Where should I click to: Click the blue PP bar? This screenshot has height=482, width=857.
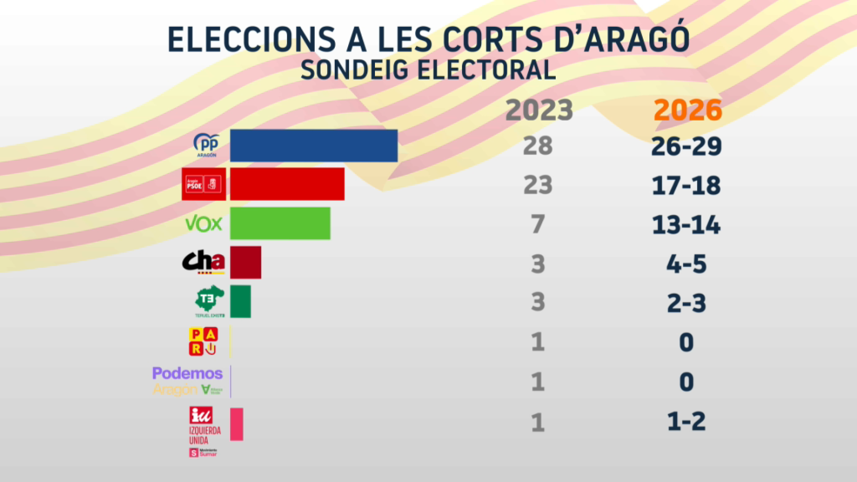click(313, 145)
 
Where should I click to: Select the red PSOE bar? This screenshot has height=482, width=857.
click(287, 184)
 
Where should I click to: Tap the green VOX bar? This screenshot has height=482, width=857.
click(280, 223)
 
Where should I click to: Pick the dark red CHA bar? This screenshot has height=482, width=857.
click(245, 262)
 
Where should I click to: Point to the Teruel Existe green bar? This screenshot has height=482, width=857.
click(240, 302)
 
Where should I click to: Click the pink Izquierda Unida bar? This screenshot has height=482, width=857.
click(237, 424)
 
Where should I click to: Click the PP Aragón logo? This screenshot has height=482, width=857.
click(206, 145)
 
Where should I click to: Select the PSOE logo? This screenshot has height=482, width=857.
click(204, 184)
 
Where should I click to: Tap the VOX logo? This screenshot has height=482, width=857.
click(204, 224)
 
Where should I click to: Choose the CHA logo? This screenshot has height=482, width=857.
click(204, 262)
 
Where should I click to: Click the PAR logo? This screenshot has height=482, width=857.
click(203, 341)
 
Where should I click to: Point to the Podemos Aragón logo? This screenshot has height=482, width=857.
click(187, 381)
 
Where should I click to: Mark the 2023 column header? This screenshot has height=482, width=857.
click(539, 110)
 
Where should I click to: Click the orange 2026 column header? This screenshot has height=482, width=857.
click(687, 110)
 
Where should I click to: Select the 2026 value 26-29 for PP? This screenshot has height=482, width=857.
click(686, 146)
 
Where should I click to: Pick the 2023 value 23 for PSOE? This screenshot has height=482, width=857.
click(538, 185)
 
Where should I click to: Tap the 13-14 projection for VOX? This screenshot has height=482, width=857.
click(686, 224)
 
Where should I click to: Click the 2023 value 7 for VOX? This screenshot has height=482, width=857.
click(538, 224)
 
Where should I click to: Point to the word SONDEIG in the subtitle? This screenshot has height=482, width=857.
click(354, 70)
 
